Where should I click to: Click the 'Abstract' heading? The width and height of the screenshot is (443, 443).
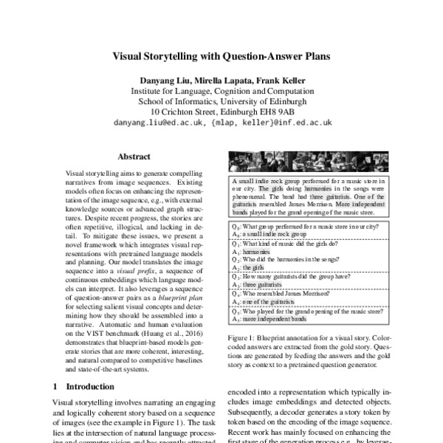(134, 157)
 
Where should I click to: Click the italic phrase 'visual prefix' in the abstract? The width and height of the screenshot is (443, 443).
(141, 272)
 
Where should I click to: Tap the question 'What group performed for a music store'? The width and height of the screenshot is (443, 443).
(310, 224)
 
